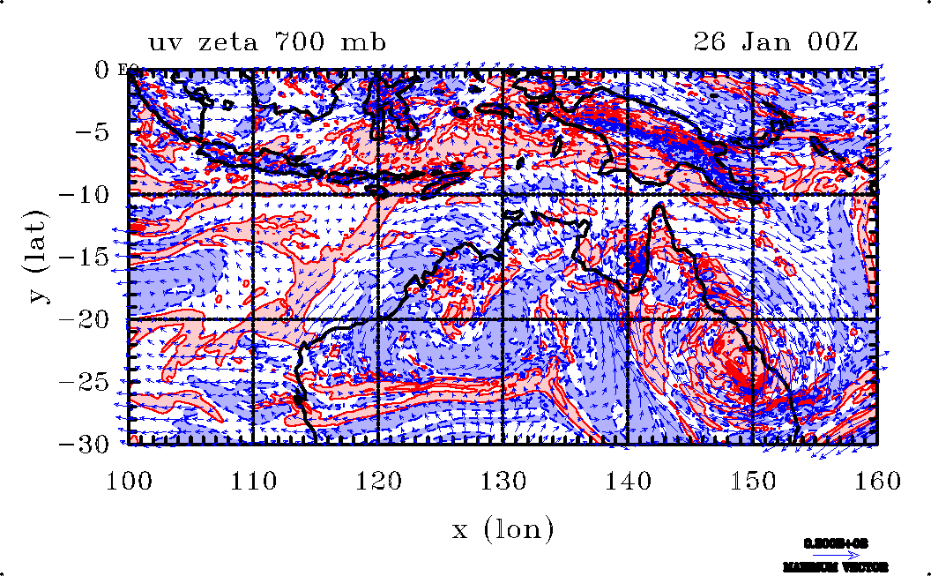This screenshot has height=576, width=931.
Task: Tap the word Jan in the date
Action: (x=774, y=41)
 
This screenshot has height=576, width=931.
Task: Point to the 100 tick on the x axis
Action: (x=129, y=481)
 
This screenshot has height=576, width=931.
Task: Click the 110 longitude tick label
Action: (x=254, y=481)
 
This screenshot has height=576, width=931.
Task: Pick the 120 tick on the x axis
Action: (x=378, y=481)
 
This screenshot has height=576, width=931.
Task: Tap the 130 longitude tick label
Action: (x=503, y=481)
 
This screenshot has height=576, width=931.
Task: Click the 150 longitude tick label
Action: (x=752, y=481)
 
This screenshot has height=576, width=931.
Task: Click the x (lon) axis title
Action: (x=503, y=529)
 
